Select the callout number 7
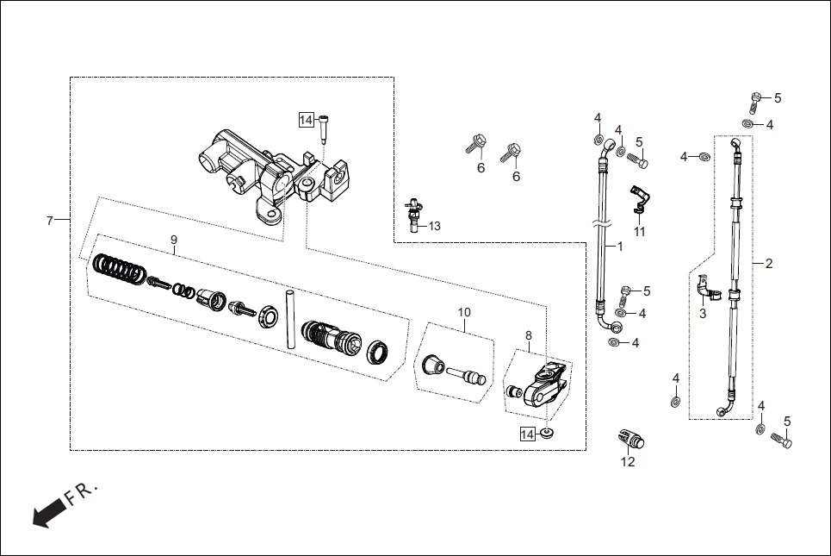tap(50, 222)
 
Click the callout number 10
tap(464, 311)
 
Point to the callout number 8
tap(529, 334)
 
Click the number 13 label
tap(434, 226)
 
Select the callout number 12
tap(628, 462)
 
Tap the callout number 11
tap(639, 232)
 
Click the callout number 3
tap(702, 314)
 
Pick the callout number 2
tap(769, 263)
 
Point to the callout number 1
tap(618, 246)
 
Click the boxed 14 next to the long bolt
tap(306, 121)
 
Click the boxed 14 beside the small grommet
tap(527, 434)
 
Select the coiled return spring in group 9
tap(119, 269)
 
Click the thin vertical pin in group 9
tap(290, 318)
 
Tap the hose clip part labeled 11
tap(638, 199)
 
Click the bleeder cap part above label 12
tap(629, 437)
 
